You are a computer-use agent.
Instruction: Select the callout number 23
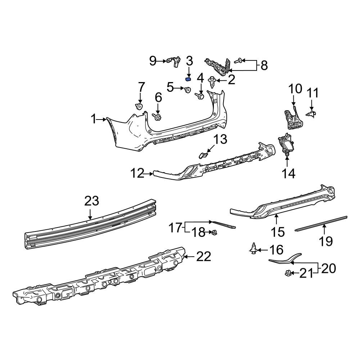(x=91, y=201)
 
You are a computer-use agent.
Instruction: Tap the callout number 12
(x=137, y=174)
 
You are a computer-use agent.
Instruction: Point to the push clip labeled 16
(x=254, y=248)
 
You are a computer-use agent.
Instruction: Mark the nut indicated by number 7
(x=139, y=106)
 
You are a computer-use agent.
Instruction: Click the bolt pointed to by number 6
(x=158, y=117)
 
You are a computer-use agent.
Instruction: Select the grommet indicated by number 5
(x=188, y=90)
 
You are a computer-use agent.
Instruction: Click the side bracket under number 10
(x=292, y=118)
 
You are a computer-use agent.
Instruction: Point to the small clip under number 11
(x=311, y=113)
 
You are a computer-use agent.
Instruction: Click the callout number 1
(x=94, y=119)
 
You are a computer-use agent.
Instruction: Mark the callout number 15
(x=278, y=232)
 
